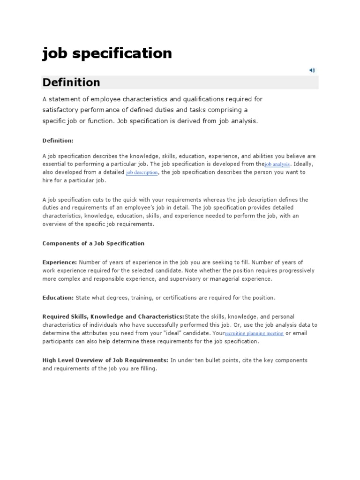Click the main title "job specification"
(x=107, y=53)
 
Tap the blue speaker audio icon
(x=312, y=70)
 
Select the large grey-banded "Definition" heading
(x=71, y=82)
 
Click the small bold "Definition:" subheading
(x=58, y=140)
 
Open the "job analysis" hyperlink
(x=277, y=165)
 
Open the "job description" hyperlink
(x=142, y=172)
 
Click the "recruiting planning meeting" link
(x=254, y=333)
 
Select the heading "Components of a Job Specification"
(x=93, y=243)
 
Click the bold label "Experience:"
(x=60, y=262)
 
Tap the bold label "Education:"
(x=58, y=298)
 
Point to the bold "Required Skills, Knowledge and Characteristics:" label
(x=113, y=316)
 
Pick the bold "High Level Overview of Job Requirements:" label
(x=105, y=360)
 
